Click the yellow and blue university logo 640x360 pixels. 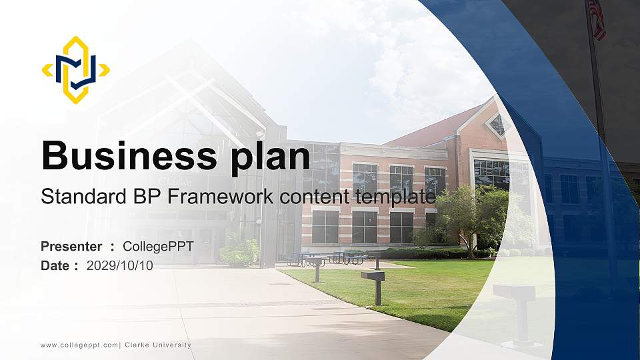[x=75, y=70]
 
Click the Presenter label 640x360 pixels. [x=71, y=247]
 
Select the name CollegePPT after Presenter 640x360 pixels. [x=158, y=247]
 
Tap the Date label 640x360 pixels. [x=57, y=265]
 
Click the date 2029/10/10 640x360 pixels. [x=120, y=265]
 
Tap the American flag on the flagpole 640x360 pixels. [x=597, y=17]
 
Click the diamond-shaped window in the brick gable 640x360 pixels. [x=497, y=123]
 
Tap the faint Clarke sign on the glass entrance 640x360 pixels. [x=175, y=181]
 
